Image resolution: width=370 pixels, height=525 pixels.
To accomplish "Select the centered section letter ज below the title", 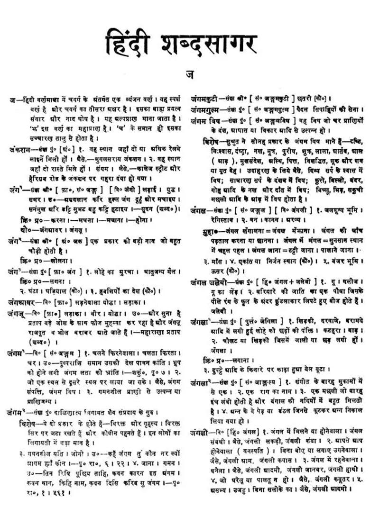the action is (189, 74).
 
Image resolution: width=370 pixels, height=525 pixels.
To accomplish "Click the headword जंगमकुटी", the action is (204, 100).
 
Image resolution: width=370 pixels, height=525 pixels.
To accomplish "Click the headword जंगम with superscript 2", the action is (17, 411).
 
